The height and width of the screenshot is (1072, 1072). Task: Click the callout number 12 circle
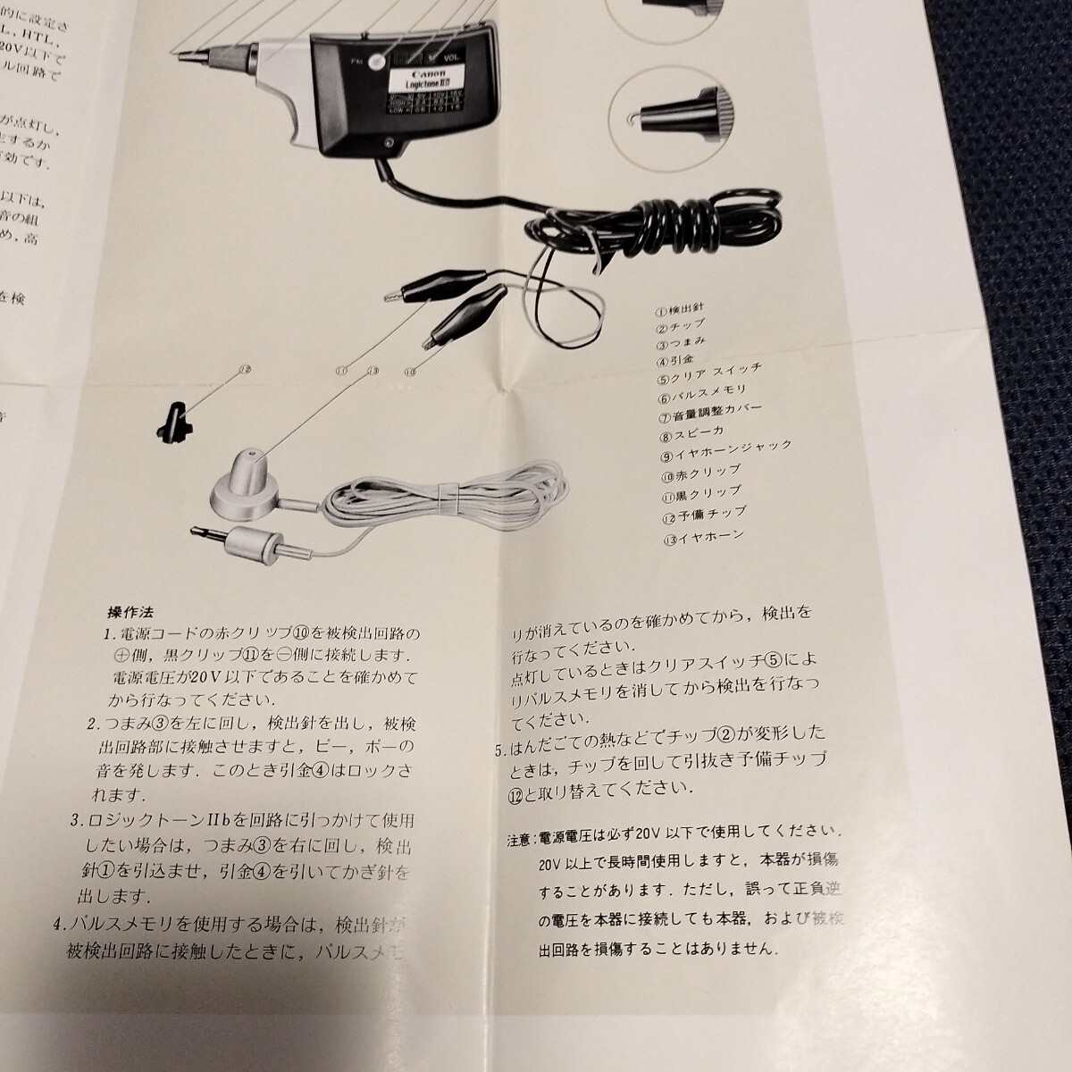click(x=246, y=368)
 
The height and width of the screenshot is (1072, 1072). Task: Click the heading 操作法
click(x=130, y=613)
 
